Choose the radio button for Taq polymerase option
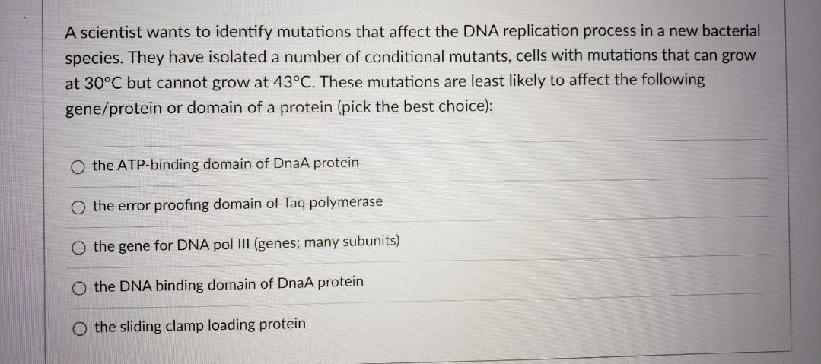[79, 207]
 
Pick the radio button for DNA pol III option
[79, 247]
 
